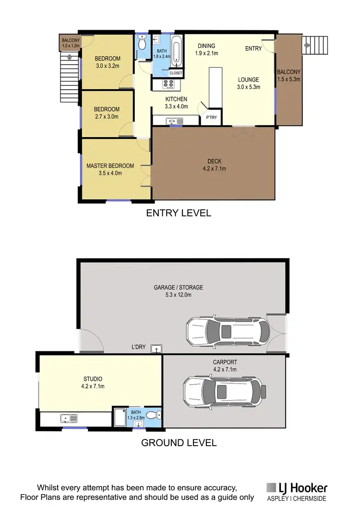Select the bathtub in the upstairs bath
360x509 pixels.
pyautogui.click(x=176, y=51)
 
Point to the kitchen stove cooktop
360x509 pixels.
pyautogui.click(x=169, y=85)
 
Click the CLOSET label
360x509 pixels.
pyautogui.click(x=176, y=73)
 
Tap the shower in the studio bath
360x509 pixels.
pyautogui.click(x=120, y=415)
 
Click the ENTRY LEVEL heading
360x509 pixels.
pyautogui.click(x=178, y=213)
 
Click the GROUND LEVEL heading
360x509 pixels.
pyautogui.click(x=179, y=442)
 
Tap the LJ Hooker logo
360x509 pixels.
pyautogui.click(x=297, y=491)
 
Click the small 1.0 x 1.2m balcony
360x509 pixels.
pyautogui.click(x=70, y=43)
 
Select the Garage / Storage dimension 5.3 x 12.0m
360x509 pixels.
pyautogui.click(x=178, y=295)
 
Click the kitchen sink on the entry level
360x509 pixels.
pyautogui.click(x=173, y=121)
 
